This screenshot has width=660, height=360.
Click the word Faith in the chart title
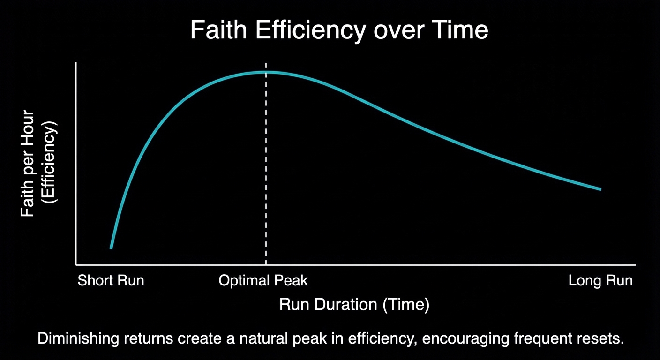pyautogui.click(x=218, y=31)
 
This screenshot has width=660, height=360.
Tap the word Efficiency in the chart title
pyautogui.click(x=310, y=31)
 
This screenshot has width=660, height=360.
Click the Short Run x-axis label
pyautogui.click(x=111, y=281)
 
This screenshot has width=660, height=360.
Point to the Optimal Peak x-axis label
pyautogui.click(x=263, y=281)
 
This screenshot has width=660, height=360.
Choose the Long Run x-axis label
pyautogui.click(x=600, y=281)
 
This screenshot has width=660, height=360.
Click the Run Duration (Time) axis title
pyautogui.click(x=354, y=305)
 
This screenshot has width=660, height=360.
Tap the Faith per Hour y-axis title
pyautogui.click(x=29, y=163)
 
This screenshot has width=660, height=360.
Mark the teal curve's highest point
pyautogui.click(x=266, y=72)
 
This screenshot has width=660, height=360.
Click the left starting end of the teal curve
pyautogui.click(x=111, y=247)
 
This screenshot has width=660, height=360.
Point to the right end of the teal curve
pyautogui.click(x=600, y=189)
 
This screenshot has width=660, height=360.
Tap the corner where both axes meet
pyautogui.click(x=76, y=264)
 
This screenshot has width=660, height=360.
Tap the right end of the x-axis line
pyautogui.click(x=635, y=264)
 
